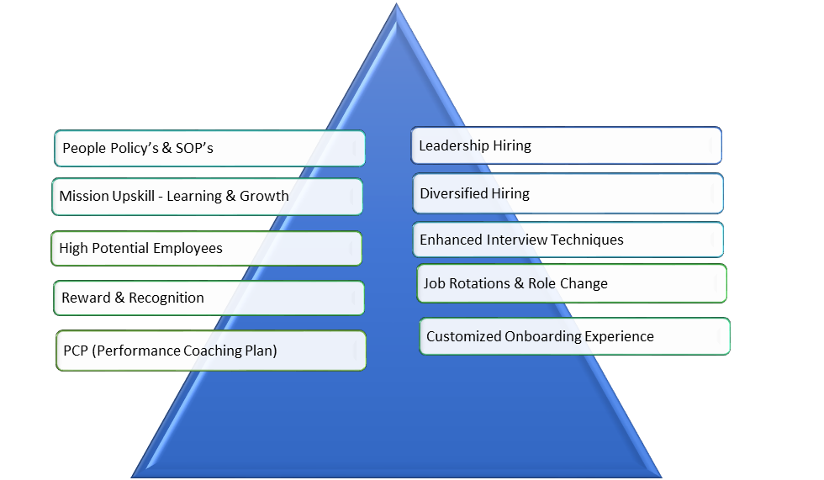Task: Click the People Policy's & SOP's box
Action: [209, 148]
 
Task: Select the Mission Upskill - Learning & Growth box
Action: [207, 197]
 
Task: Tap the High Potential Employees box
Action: [206, 249]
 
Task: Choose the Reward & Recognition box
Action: [209, 298]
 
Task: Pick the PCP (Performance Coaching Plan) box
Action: [211, 351]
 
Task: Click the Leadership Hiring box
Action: [566, 145]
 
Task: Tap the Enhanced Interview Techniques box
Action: [568, 240]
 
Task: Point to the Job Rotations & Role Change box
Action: [572, 283]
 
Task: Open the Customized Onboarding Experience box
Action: [575, 336]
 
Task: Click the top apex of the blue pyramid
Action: [397, 7]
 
